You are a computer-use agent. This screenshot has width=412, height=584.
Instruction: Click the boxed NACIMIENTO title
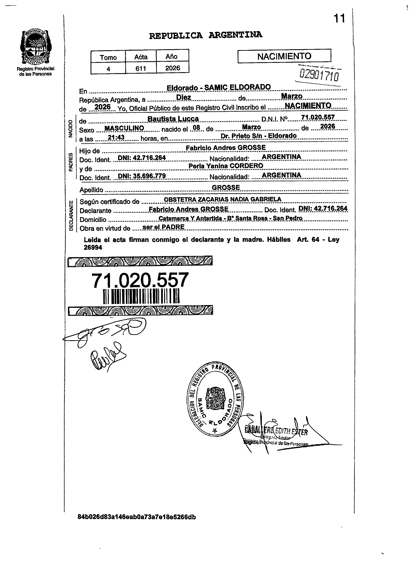(284, 56)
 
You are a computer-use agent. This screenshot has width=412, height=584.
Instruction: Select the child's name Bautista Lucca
(173, 119)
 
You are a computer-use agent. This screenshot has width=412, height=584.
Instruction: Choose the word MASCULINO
(124, 128)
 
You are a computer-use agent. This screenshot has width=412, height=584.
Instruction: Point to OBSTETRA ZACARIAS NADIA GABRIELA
(222, 199)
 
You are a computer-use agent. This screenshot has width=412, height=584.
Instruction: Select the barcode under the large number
(141, 296)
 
